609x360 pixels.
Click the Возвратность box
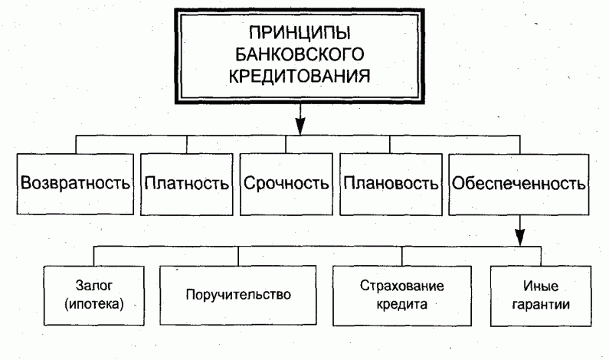click(76, 185)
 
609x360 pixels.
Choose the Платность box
click(186, 185)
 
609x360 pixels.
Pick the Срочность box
click(286, 185)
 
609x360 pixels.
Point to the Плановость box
click(391, 185)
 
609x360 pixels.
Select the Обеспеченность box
click(519, 185)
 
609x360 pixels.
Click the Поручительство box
click(238, 294)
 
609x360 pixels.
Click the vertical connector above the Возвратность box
click(76, 145)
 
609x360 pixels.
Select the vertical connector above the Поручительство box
click(238, 257)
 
